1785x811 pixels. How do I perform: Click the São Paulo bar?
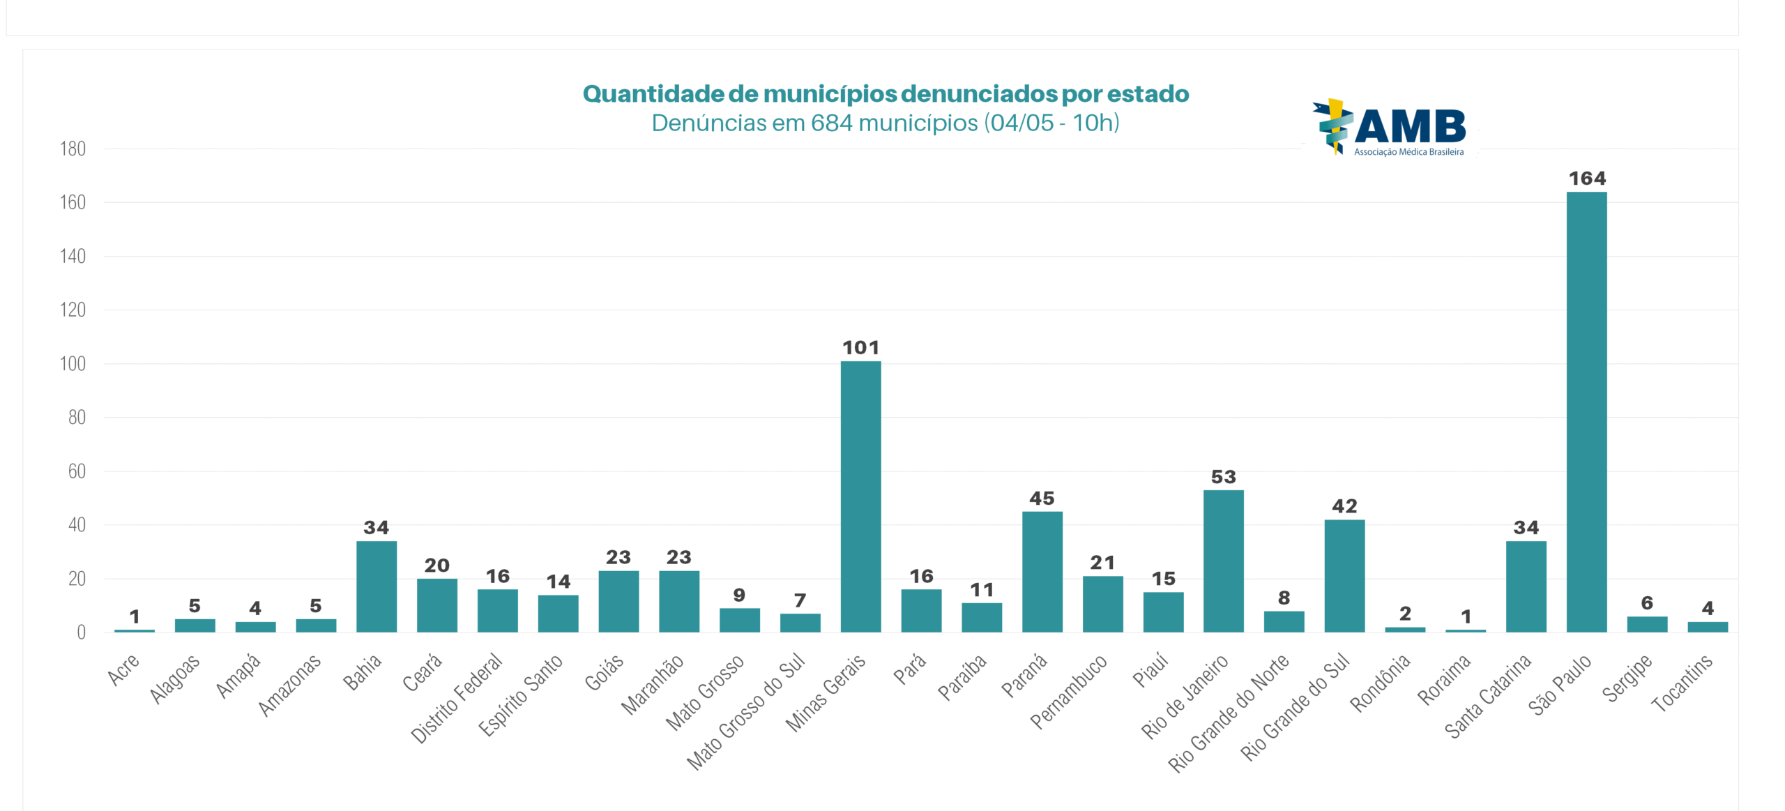pos(1586,411)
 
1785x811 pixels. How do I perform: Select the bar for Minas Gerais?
pos(860,497)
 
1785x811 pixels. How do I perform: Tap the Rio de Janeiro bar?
pos(1223,561)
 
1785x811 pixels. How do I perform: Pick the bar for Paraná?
pos(1042,572)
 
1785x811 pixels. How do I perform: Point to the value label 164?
pos(1587,179)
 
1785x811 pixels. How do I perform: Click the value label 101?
pos(860,347)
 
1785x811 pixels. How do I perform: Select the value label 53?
pos(1223,477)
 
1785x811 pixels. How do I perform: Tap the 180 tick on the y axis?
pos(73,149)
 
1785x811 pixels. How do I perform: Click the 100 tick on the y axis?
pos(73,363)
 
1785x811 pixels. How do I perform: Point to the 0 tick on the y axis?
pos(81,632)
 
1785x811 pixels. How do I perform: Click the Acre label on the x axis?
pos(123,669)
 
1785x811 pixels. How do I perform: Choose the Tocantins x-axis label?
pos(1682,683)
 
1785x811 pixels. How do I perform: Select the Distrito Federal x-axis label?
pos(457,697)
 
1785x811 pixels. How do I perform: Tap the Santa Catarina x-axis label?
pos(1487,695)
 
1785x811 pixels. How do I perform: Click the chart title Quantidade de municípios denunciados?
pos(886,93)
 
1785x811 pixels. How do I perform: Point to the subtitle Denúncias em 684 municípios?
pos(886,123)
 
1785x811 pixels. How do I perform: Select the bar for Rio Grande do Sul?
pos(1344,576)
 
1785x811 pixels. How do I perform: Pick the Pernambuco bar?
pos(1102,604)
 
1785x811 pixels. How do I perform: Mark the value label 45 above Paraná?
pos(1042,499)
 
